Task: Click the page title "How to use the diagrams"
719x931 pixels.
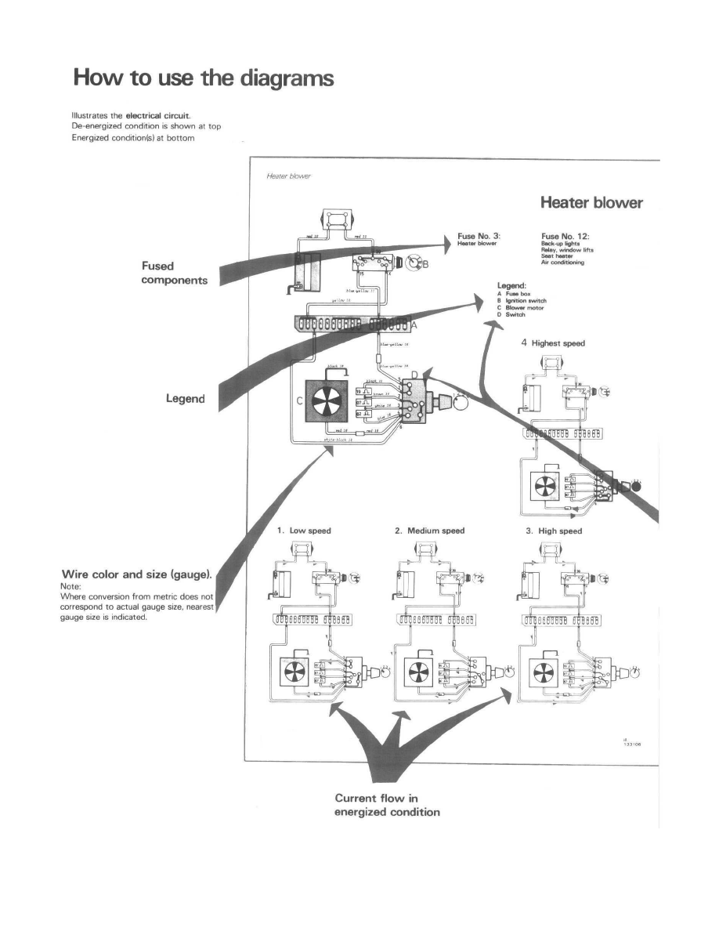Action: [x=203, y=79]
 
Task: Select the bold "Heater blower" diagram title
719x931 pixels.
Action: [x=591, y=203]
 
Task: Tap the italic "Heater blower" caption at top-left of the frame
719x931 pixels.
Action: [x=289, y=176]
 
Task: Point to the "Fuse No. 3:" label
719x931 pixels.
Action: [x=479, y=234]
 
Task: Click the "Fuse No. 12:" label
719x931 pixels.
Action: [x=565, y=234]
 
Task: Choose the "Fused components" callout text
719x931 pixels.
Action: [x=175, y=274]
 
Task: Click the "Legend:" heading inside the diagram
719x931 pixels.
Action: [x=515, y=286]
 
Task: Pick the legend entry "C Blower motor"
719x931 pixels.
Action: [x=521, y=308]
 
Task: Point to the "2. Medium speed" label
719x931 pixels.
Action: [x=429, y=531]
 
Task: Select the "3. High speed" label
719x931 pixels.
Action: [x=555, y=531]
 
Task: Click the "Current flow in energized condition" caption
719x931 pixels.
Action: [x=387, y=805]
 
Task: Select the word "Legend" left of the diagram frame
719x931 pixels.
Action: [x=185, y=399]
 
